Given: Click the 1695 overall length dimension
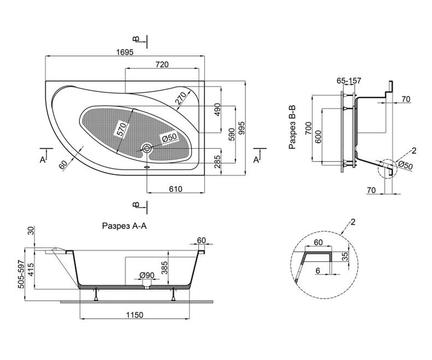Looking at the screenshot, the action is click(125, 52).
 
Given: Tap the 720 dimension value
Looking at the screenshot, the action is click(162, 64).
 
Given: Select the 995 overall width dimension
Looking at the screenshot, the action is click(242, 128).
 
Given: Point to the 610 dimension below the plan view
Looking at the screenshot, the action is click(176, 189).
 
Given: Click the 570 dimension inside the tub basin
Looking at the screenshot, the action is click(121, 129).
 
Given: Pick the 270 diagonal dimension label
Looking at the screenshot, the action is click(181, 98).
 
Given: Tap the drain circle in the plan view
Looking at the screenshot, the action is click(147, 148).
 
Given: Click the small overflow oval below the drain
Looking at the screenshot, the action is click(147, 167).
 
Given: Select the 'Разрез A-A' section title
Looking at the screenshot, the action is click(124, 226).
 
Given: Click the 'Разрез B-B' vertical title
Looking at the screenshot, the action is click(292, 127).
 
